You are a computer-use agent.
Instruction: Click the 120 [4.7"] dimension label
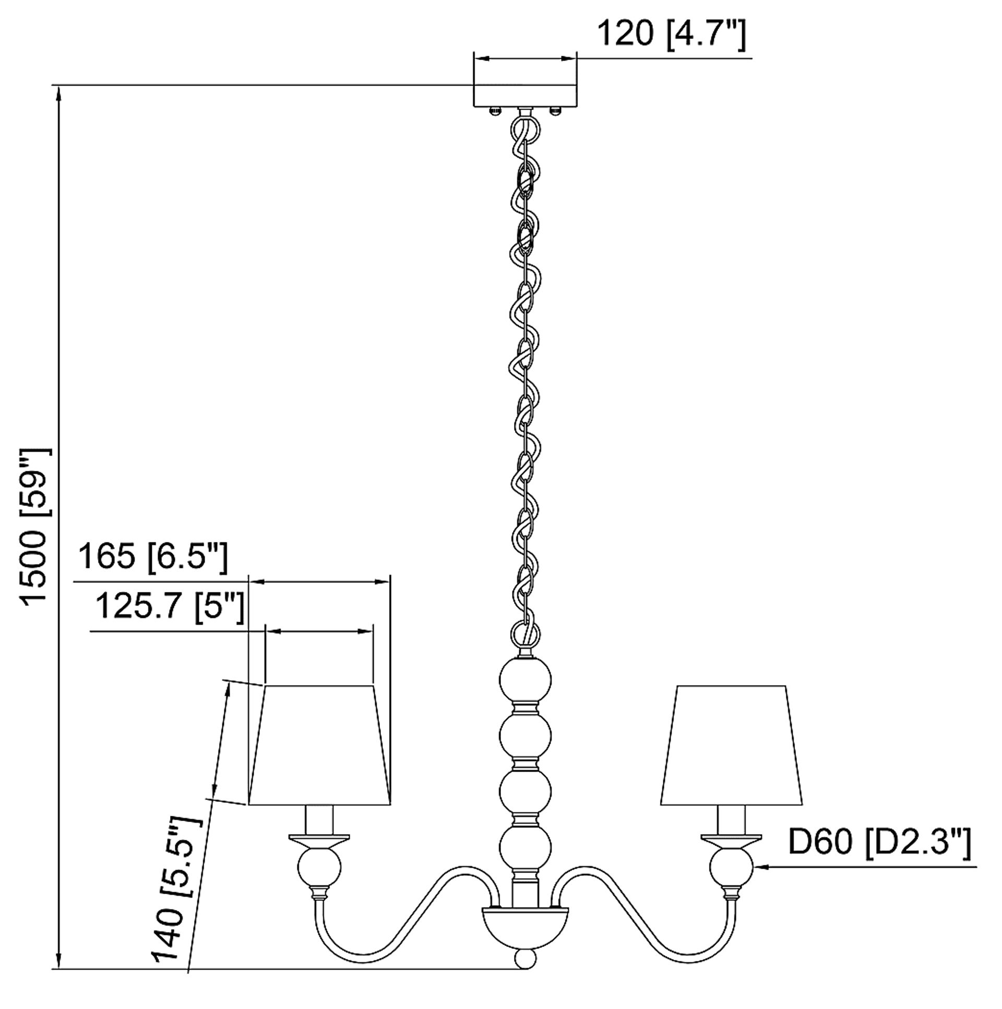671,34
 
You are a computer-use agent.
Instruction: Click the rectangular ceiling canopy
525,94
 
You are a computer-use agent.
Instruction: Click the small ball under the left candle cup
318,868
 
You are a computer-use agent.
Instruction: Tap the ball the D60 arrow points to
731,868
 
